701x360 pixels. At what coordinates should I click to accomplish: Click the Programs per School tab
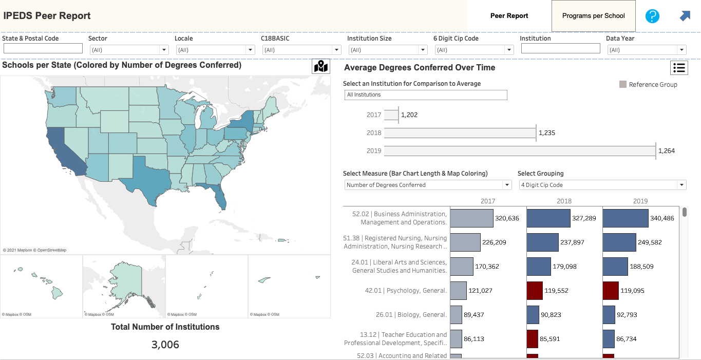point(593,16)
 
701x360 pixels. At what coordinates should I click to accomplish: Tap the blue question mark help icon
point(652,16)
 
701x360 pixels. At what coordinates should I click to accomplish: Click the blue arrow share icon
point(685,16)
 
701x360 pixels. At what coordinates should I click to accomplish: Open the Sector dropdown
point(129,50)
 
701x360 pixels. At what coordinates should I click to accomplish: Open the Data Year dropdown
point(647,50)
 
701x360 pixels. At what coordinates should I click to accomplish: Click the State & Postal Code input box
point(43,48)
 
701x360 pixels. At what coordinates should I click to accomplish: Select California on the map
point(64,150)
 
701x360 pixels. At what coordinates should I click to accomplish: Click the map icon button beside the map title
point(321,66)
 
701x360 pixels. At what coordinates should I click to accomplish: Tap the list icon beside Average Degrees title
point(679,68)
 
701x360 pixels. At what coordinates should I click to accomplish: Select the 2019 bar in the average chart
point(520,151)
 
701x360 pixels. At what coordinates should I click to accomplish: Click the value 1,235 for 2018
point(547,132)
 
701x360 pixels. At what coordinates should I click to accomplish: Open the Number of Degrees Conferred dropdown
point(428,185)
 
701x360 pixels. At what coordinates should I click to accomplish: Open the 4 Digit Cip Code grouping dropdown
point(602,185)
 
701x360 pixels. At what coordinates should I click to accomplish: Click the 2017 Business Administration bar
point(471,218)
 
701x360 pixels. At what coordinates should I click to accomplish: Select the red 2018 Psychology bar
point(535,291)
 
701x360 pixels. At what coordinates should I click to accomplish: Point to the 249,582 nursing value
point(650,242)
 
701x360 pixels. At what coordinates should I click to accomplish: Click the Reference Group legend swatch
point(623,85)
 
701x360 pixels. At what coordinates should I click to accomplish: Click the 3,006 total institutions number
point(165,345)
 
